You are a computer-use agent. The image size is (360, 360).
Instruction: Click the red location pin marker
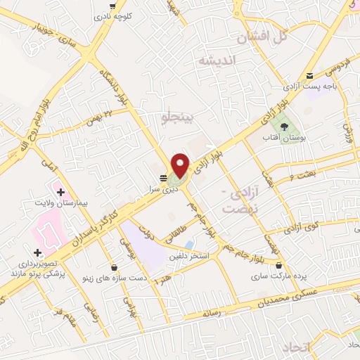pos(181,165)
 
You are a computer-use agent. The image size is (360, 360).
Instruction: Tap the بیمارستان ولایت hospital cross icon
pos(60,192)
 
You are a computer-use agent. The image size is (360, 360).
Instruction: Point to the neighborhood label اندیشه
pos(219,61)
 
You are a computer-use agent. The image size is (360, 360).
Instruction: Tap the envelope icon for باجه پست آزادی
pos(309,76)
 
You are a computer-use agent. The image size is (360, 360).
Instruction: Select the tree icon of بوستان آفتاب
pos(284,127)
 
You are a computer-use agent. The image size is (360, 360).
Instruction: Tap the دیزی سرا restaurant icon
pos(163,177)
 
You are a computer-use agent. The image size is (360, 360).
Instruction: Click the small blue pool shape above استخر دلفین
pos(190,244)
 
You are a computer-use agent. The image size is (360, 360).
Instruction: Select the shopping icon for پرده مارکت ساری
pos(281,266)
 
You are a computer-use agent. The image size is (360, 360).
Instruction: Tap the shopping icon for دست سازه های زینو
pos(114,266)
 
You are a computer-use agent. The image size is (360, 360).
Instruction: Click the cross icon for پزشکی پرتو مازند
pos(37,252)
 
